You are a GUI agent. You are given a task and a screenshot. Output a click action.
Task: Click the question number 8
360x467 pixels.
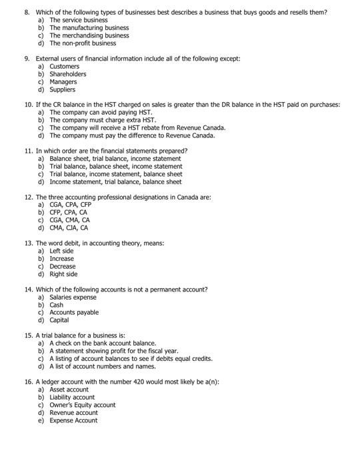pos(27,13)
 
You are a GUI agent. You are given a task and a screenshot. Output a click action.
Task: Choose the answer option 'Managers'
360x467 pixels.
pos(64,82)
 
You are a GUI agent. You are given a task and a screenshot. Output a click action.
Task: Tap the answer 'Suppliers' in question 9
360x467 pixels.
pos(63,89)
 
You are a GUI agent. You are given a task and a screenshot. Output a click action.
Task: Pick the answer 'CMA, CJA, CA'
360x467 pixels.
pos(69,227)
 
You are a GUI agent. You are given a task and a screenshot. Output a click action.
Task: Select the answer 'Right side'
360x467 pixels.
pos(64,274)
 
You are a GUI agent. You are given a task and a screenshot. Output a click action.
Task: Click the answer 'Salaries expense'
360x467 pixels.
pos(74,297)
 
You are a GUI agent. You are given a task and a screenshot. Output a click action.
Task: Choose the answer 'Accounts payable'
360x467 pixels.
pos(74,312)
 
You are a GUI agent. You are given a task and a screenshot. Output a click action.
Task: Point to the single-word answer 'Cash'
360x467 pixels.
pos(57,305)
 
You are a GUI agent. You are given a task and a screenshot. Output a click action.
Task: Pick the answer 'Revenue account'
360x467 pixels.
pos(73,412)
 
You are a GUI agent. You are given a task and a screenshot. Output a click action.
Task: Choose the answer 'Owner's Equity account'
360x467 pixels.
pos(82,405)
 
